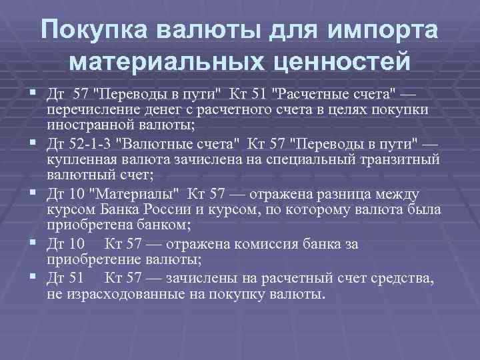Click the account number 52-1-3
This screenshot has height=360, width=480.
(89, 142)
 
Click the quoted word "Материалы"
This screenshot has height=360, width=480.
(124, 194)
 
